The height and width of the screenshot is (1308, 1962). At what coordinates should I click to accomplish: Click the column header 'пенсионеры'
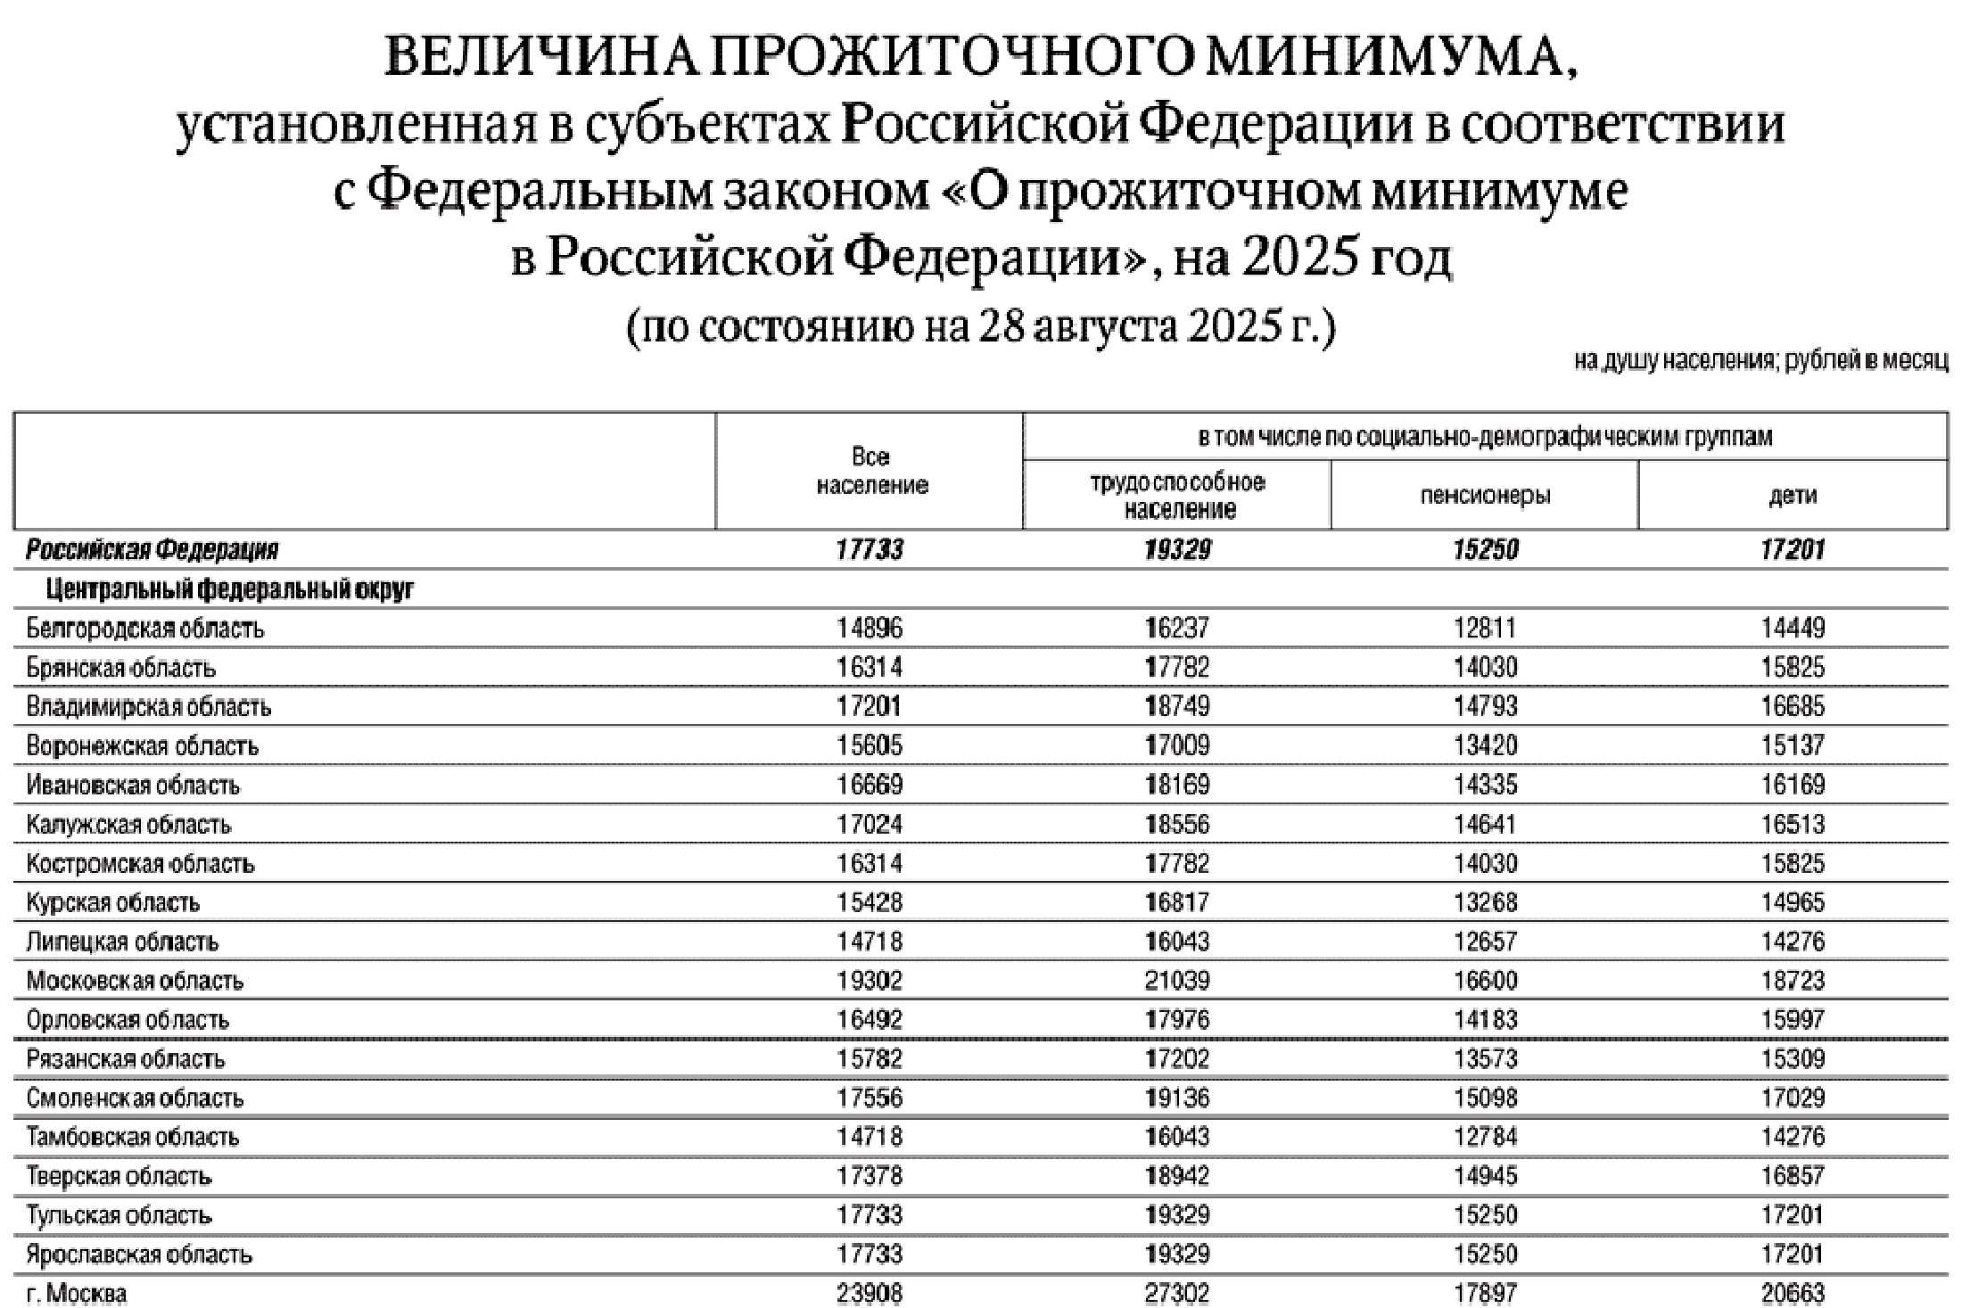pos(1485,496)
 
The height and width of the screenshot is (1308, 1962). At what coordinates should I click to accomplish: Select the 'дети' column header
pos(1793,496)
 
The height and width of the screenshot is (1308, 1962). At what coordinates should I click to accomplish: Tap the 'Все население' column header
pos(871,471)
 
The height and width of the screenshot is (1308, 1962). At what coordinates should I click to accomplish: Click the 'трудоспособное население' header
pos(1178,496)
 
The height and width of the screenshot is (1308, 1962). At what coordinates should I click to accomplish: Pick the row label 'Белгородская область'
pos(145,629)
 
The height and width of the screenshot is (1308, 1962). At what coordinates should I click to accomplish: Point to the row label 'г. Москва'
pos(77,1293)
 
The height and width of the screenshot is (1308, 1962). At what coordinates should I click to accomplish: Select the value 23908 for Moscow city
pos(870,1293)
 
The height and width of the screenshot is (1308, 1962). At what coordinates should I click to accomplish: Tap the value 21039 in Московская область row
pos(1178,981)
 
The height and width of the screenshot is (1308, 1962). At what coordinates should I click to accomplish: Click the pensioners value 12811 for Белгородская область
pos(1485,629)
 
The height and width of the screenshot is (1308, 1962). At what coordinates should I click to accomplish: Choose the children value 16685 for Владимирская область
pos(1793,707)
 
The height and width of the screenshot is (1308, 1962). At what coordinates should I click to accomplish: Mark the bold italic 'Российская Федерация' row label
pos(153,550)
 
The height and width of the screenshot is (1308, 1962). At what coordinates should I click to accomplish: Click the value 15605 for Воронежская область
pos(870,745)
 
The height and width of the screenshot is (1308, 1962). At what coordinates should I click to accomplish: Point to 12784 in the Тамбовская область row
pos(1485,1137)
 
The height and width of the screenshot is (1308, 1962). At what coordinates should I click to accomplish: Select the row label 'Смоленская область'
pos(136,1098)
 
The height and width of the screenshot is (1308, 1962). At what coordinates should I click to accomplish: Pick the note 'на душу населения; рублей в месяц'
pos(1760,361)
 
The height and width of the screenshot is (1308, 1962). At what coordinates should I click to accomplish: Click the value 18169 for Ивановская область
pos(1178,785)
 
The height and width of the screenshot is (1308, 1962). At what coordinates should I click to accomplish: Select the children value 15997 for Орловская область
pos(1793,1020)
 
